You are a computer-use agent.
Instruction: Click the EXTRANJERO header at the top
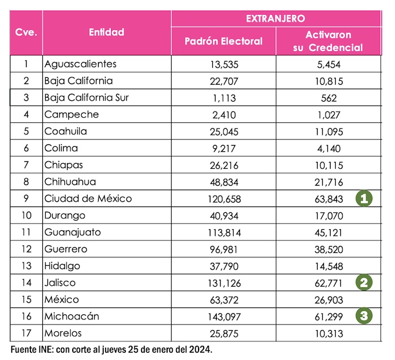pyautogui.click(x=275, y=19)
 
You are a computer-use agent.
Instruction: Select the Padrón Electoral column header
pyautogui.click(x=223, y=41)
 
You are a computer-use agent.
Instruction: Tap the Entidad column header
pyautogui.click(x=107, y=32)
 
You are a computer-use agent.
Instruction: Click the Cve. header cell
pyautogui.click(x=27, y=32)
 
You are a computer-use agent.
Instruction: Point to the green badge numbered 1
pyautogui.click(x=365, y=198)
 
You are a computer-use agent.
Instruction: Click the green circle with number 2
pyautogui.click(x=365, y=282)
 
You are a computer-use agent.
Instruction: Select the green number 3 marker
pyautogui.click(x=365, y=316)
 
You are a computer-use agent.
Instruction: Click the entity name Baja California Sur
pyautogui.click(x=87, y=98)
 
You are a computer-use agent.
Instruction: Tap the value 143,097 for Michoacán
pyautogui.click(x=223, y=317)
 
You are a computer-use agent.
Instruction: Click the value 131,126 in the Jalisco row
pyautogui.click(x=223, y=283)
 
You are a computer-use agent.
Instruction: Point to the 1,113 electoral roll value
pyautogui.click(x=223, y=98)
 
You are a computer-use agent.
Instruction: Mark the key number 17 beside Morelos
pyautogui.click(x=27, y=333)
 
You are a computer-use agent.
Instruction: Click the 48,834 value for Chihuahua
pyautogui.click(x=223, y=182)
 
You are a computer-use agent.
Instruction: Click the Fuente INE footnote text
pyautogui.click(x=111, y=349)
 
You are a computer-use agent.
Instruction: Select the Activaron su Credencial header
pyautogui.click(x=328, y=41)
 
